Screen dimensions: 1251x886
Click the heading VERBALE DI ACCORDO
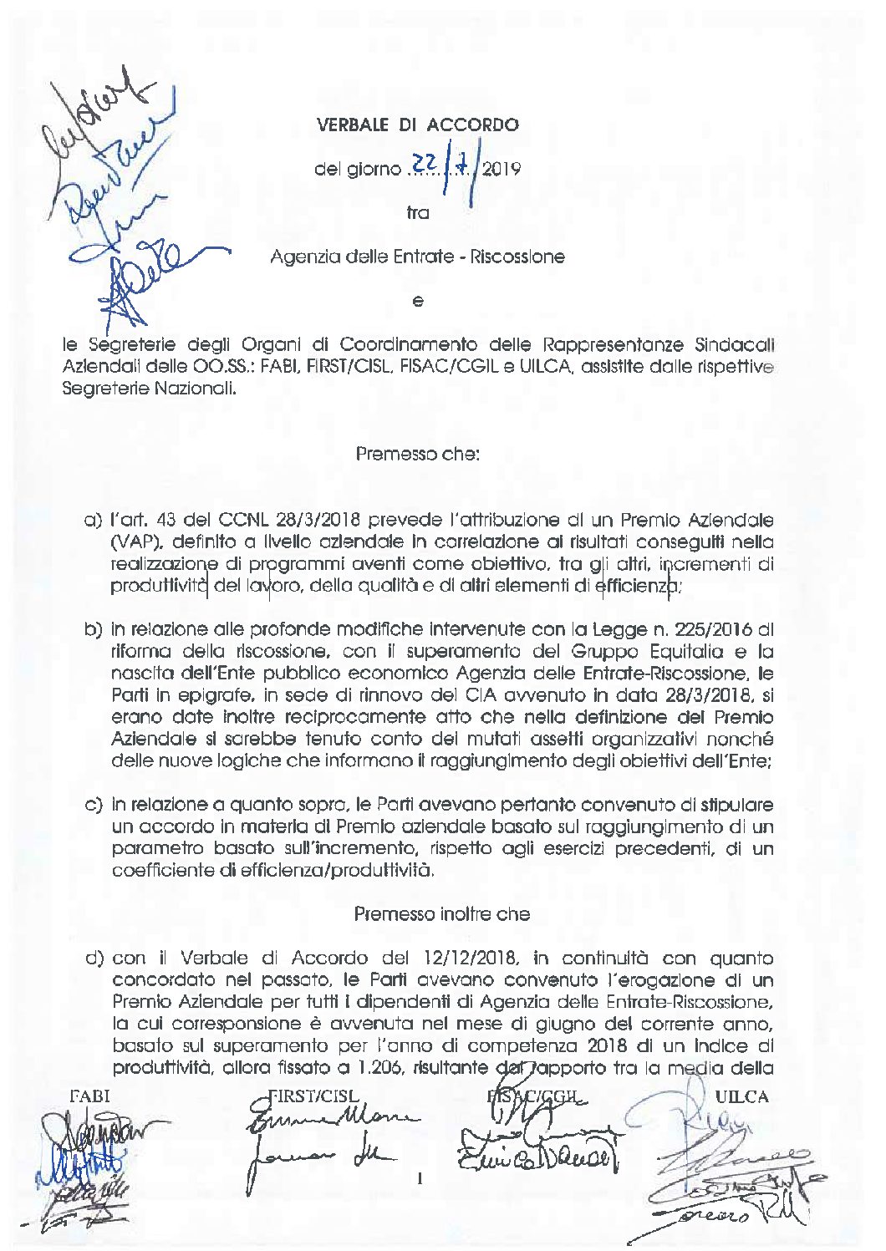tap(417, 125)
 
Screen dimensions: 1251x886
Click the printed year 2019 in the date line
tap(502, 170)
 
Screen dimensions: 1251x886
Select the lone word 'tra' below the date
tap(417, 213)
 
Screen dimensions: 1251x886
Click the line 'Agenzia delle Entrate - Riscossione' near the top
tap(417, 257)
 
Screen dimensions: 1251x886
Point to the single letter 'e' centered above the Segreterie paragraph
tap(417, 301)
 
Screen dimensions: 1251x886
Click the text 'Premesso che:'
tap(417, 455)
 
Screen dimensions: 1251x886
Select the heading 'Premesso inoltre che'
tap(441, 913)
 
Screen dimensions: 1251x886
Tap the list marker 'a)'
tap(93, 521)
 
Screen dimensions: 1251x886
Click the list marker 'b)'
tap(93, 629)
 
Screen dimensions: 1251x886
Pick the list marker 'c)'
tap(93, 805)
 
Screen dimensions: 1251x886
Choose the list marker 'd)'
tap(94, 958)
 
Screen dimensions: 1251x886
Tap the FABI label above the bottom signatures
tap(89, 1096)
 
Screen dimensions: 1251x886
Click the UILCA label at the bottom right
tap(742, 1096)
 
